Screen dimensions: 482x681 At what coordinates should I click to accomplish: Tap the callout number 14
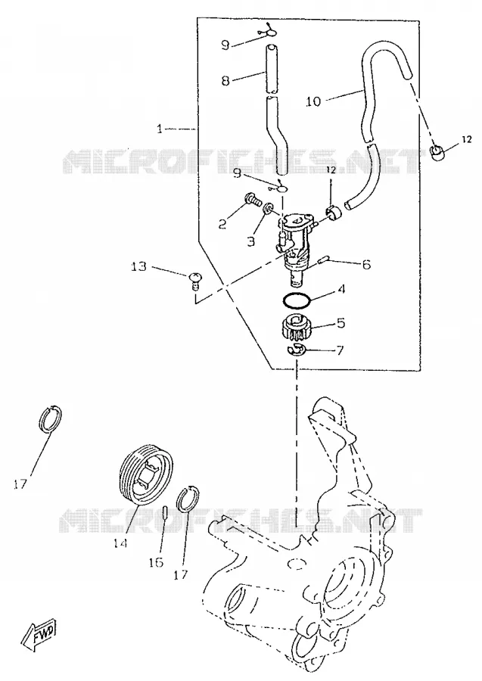tap(120, 542)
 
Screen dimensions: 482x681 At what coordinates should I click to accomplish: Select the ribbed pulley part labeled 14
tap(146, 474)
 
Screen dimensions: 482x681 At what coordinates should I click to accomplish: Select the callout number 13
tap(139, 266)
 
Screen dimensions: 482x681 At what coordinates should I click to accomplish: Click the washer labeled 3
tap(269, 208)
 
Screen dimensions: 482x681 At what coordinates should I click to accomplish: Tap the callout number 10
tap(313, 101)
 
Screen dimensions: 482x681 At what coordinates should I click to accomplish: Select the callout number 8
tap(225, 80)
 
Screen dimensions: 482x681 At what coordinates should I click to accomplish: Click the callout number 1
tap(160, 129)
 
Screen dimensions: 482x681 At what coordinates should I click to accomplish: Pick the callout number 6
tap(366, 264)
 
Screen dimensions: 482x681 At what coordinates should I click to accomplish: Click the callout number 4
tap(341, 289)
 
